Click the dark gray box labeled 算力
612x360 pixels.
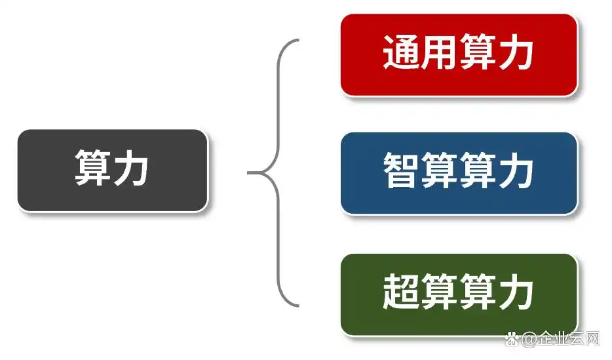112,170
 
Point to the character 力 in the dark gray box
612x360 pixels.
132,169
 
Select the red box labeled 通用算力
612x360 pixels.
459,54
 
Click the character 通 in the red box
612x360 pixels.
401,53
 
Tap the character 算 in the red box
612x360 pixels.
478,53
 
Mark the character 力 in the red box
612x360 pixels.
516,53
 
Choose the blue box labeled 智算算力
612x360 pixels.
459,173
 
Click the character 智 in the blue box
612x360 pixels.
401,172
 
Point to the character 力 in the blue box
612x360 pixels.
516,172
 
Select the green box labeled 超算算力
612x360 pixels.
459,294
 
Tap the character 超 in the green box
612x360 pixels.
401,293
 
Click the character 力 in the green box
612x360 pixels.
516,293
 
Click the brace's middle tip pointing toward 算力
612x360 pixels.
250,173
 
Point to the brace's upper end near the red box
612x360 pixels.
297,41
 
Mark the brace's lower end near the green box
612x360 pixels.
297,305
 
